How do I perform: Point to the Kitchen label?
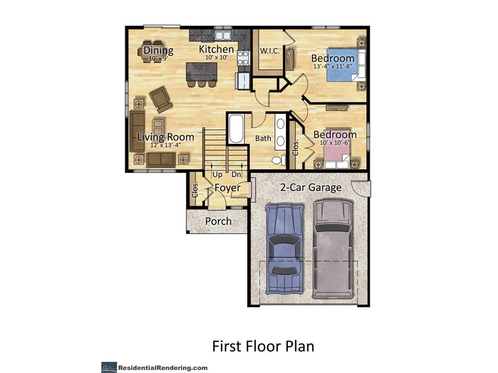[216, 50]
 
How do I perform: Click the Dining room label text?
[158, 51]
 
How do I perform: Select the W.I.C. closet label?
[268, 51]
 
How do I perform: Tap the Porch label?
[218, 221]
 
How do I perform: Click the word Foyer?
[228, 187]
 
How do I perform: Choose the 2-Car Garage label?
[310, 187]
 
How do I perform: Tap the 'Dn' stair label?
[236, 174]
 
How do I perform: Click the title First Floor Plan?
[263, 346]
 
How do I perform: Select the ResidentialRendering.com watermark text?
[162, 368]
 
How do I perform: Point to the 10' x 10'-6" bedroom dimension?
[335, 143]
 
